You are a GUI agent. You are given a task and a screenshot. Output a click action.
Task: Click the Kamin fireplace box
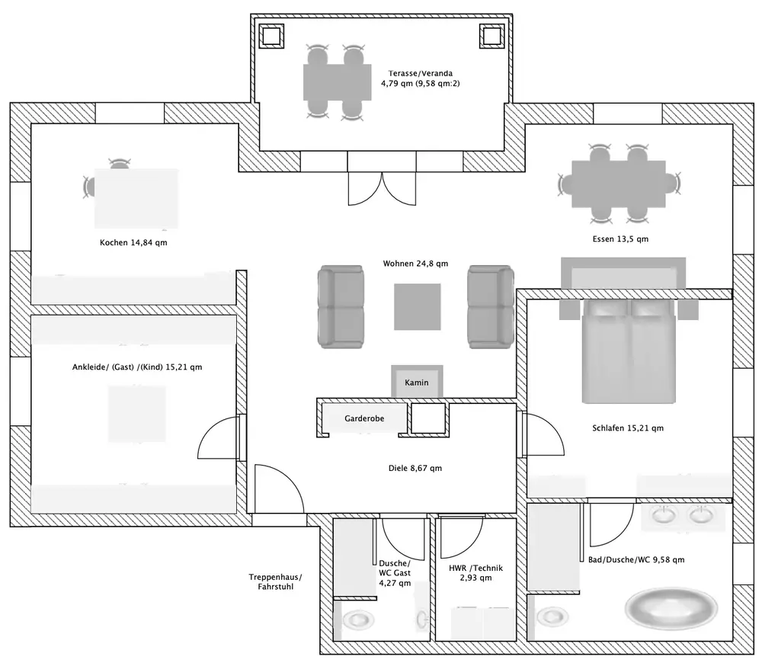point(416,381)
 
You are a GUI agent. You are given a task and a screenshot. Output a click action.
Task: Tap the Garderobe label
point(364,419)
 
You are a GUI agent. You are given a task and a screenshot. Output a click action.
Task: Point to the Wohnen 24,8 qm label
point(415,264)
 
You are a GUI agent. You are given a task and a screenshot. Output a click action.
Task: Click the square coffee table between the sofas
point(417,306)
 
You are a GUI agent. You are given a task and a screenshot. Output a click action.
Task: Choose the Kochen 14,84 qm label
point(133,243)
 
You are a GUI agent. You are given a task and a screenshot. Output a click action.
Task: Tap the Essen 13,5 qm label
point(620,239)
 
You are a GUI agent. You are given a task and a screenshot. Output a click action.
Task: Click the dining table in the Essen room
point(618,184)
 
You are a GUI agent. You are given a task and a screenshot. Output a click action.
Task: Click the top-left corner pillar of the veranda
point(271,35)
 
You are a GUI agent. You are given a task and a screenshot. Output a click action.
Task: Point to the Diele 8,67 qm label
point(415,469)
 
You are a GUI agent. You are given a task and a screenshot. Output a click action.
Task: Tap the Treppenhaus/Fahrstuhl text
point(275,582)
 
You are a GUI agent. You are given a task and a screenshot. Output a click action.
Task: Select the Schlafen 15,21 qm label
point(628,428)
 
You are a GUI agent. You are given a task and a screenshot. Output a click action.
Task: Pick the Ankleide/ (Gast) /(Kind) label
point(137,367)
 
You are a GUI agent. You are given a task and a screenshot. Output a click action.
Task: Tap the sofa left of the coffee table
point(340,306)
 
